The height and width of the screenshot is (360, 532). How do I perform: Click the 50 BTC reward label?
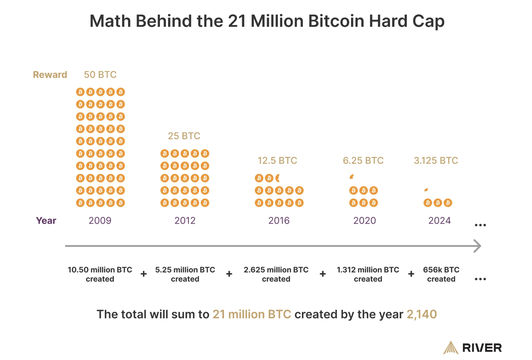pyautogui.click(x=100, y=75)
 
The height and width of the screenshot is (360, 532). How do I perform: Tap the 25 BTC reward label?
pyautogui.click(x=184, y=136)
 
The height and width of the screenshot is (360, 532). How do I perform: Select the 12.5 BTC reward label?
pyautogui.click(x=277, y=160)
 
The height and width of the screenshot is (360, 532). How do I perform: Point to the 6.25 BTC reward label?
pyautogui.click(x=363, y=160)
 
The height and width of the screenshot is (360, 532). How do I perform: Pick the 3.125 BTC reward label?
pyautogui.click(x=436, y=160)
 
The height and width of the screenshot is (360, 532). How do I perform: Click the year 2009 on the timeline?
pyautogui.click(x=100, y=221)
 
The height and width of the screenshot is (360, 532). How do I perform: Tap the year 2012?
pyautogui.click(x=185, y=221)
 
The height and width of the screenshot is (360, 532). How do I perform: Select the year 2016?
pyautogui.click(x=279, y=221)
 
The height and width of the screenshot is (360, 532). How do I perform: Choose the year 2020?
pyautogui.click(x=365, y=221)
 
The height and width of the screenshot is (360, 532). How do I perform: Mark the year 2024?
pyautogui.click(x=439, y=221)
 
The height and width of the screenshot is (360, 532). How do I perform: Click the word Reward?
pyautogui.click(x=50, y=75)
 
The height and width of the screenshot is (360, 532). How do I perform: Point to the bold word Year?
pyautogui.click(x=46, y=221)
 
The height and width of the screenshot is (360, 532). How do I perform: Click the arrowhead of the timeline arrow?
pyautogui.click(x=477, y=246)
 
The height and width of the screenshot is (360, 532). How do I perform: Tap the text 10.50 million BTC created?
pyautogui.click(x=100, y=274)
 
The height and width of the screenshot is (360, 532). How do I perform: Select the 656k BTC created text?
pyautogui.click(x=441, y=274)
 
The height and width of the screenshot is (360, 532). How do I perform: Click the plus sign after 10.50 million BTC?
pyautogui.click(x=144, y=274)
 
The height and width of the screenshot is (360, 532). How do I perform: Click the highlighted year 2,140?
pyautogui.click(x=422, y=314)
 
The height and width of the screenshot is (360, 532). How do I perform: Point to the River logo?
pyautogui.click(x=472, y=348)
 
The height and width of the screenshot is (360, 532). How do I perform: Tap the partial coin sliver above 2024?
pyautogui.click(x=426, y=190)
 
